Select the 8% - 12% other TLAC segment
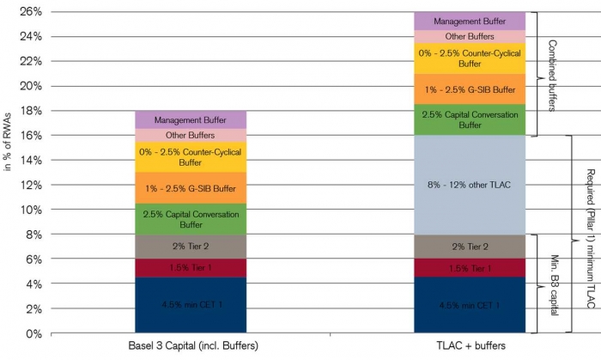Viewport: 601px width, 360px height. (x=470, y=185)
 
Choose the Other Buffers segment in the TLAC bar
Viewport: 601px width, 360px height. (x=470, y=37)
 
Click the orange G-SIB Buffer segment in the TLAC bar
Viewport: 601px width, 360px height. (x=470, y=89)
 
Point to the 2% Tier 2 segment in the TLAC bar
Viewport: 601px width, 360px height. (x=470, y=247)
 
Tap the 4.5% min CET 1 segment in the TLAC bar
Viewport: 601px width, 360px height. (x=470, y=305)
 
